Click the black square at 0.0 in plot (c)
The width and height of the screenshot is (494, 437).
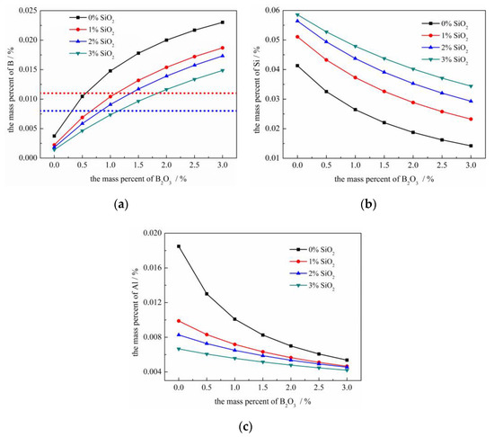[x=179, y=246]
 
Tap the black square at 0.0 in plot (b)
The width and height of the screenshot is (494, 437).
[x=297, y=66]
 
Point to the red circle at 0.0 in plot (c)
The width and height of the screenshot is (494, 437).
[x=179, y=320]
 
